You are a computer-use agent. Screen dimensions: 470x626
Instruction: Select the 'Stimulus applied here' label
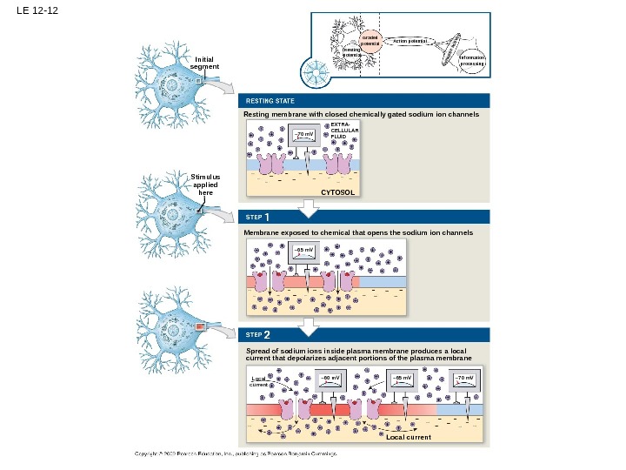(205, 185)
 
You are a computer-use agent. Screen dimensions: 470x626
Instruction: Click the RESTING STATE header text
(269, 102)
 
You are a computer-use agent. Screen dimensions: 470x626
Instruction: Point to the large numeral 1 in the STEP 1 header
(268, 216)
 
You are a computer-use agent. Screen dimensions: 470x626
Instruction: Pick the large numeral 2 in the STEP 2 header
(268, 335)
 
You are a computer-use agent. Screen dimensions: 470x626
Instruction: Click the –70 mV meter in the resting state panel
(303, 135)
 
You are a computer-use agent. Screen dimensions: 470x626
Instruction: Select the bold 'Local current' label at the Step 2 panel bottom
(408, 438)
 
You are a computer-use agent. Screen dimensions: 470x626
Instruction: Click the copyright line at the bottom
(235, 454)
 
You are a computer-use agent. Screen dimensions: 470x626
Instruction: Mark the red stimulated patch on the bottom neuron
(200, 326)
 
